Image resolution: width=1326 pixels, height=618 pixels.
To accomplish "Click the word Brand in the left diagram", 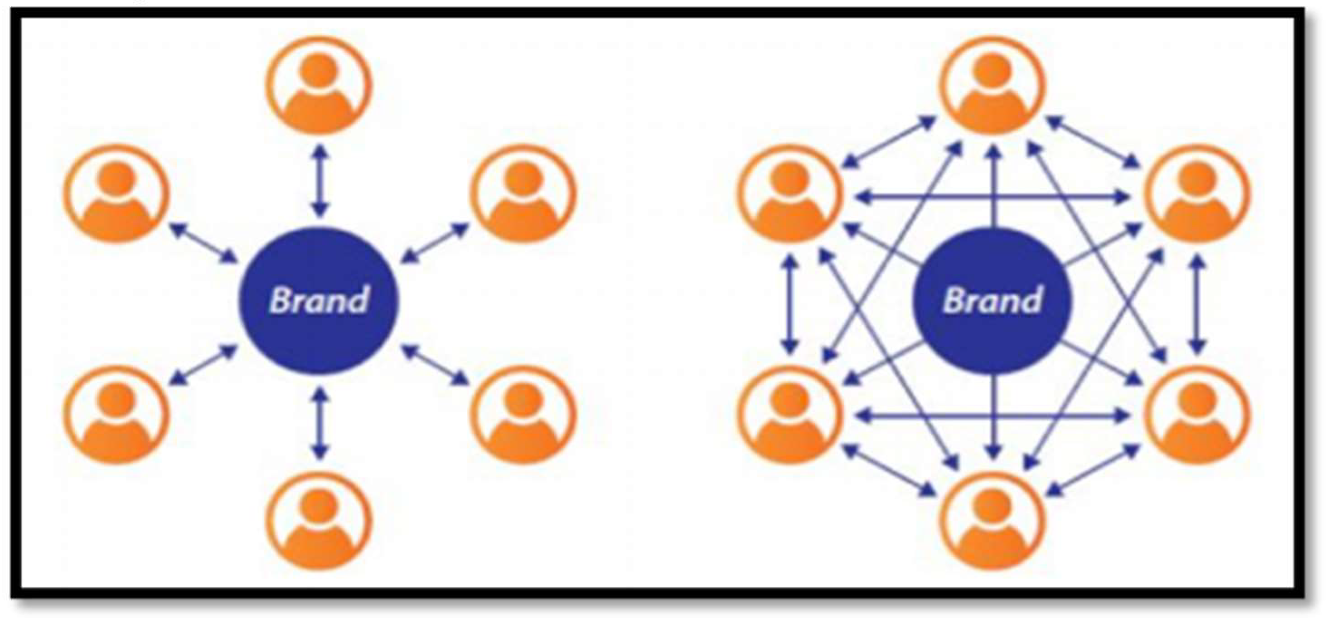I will click(319, 300).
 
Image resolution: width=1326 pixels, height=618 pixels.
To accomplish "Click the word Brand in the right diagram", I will click(992, 300).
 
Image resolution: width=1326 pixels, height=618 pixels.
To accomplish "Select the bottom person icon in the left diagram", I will click(319, 520).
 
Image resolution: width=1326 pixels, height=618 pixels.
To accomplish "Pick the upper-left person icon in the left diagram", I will click(117, 193).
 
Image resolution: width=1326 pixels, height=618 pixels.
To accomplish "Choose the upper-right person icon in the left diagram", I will click(523, 193).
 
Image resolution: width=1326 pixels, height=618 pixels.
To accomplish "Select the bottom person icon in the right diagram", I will click(992, 520).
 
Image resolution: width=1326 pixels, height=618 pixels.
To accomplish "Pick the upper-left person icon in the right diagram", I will click(790, 193).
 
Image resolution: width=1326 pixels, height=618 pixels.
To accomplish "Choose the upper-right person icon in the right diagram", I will click(1196, 193).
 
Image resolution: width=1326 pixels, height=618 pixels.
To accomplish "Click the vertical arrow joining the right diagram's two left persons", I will click(790, 304).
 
